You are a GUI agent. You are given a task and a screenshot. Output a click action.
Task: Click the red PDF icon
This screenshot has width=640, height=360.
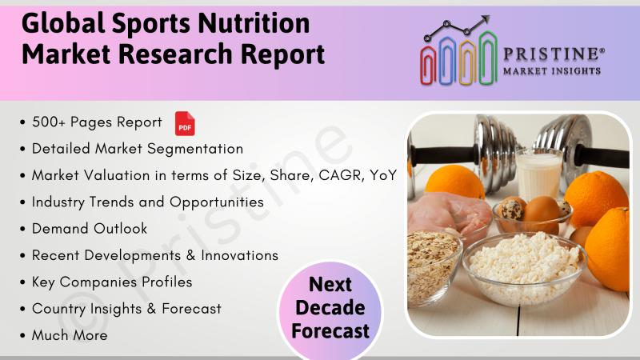click(185, 124)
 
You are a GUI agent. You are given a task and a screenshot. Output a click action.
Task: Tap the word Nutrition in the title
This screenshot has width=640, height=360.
click(254, 23)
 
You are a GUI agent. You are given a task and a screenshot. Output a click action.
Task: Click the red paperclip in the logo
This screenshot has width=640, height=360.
click(428, 65)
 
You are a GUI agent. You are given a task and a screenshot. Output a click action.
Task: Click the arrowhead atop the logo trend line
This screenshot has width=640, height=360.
click(485, 19)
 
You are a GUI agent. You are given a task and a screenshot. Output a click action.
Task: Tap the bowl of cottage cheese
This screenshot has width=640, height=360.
click(524, 266)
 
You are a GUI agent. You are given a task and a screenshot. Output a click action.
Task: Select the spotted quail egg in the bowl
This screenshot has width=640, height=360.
click(510, 210)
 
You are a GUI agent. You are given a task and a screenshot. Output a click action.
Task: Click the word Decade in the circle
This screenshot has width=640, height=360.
click(330, 308)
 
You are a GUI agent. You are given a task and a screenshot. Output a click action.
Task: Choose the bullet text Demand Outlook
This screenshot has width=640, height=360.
click(90, 229)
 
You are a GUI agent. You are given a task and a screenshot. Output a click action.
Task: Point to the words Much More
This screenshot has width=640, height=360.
click(70, 335)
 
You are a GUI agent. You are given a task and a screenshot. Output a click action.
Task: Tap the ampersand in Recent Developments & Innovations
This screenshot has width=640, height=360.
click(190, 255)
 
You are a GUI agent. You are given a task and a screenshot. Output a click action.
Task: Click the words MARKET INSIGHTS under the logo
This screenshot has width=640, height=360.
click(552, 71)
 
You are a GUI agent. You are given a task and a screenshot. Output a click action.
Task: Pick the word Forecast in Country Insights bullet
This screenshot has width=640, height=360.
click(191, 309)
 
